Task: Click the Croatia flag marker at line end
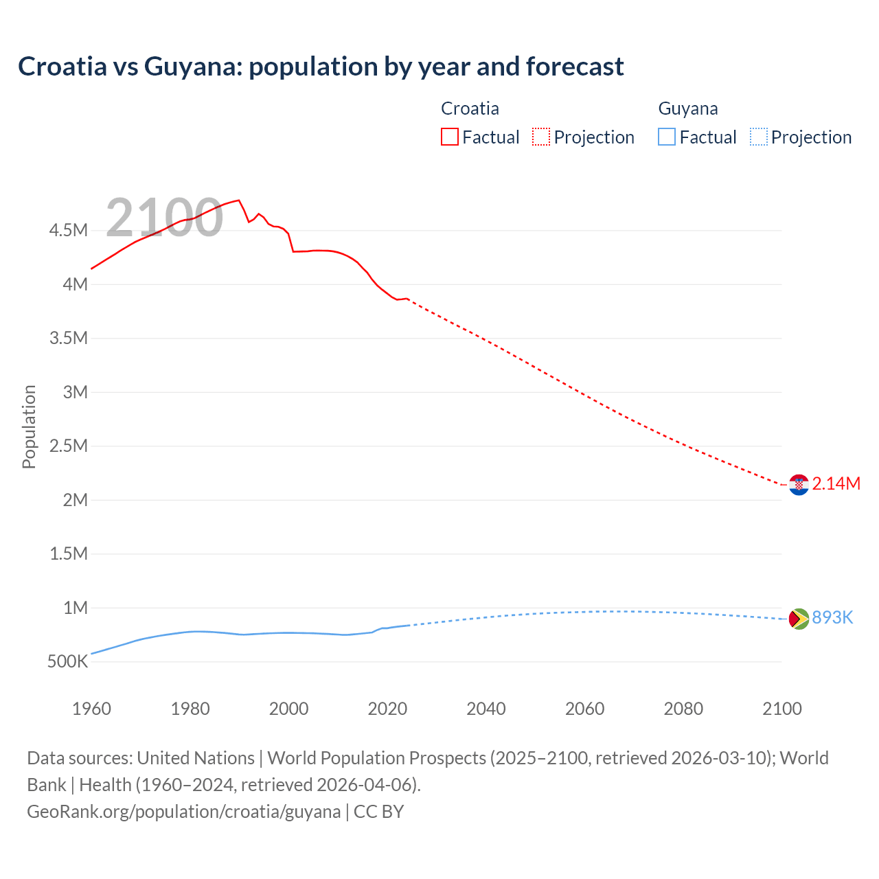[799, 485]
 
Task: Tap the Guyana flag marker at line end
[799, 619]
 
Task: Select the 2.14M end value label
[836, 483]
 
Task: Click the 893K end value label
[832, 617]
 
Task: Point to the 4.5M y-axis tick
[69, 230]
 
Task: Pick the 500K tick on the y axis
[68, 662]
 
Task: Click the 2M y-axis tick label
[76, 500]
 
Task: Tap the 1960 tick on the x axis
[91, 709]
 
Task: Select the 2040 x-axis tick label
[486, 709]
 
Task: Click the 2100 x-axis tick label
[782, 709]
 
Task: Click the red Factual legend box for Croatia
[450, 137]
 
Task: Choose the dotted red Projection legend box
[541, 137]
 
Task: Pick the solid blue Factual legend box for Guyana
[667, 137]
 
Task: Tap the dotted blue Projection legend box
[759, 137]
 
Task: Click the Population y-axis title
[29, 426]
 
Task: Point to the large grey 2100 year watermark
[165, 218]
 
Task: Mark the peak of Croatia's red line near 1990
[238, 201]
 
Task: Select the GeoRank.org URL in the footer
[184, 811]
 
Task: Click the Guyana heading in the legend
[688, 109]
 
